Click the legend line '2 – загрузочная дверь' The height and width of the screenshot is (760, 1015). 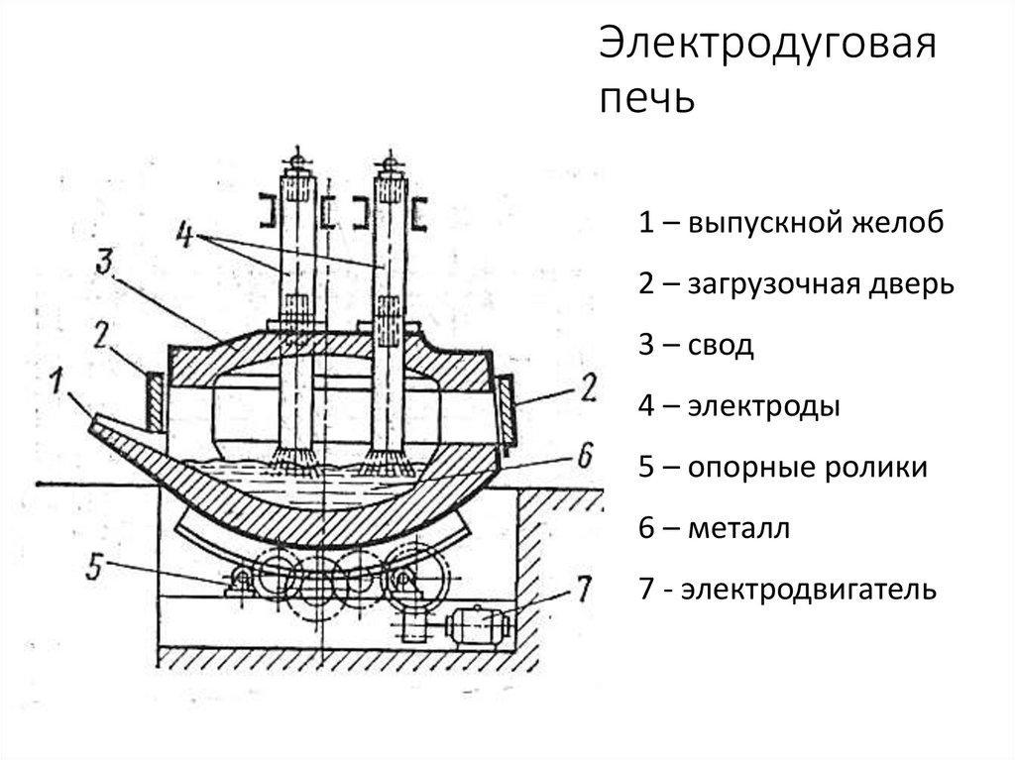pyautogui.click(x=796, y=285)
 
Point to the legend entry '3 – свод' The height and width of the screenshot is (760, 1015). pyautogui.click(x=696, y=346)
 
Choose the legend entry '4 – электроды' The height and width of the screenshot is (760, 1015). pyautogui.click(x=739, y=407)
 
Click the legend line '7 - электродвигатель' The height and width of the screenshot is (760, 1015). pyautogui.click(x=787, y=591)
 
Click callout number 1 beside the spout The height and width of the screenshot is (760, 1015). pyautogui.click(x=59, y=379)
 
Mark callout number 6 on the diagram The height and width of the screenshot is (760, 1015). pyautogui.click(x=584, y=455)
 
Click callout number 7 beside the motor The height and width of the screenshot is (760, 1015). pyautogui.click(x=584, y=591)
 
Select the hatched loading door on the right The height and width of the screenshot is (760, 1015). pyautogui.click(x=503, y=408)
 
